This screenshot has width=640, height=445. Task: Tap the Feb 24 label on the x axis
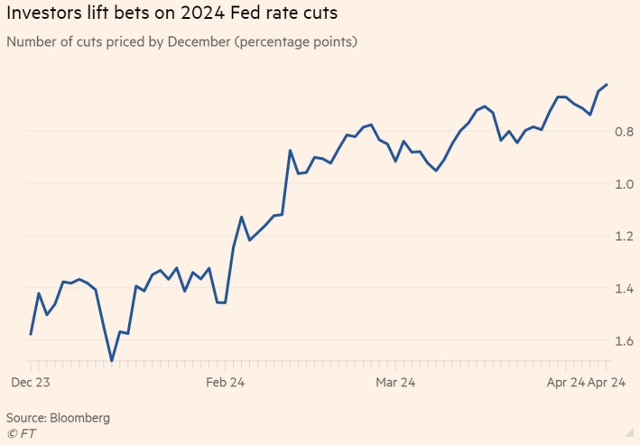225,384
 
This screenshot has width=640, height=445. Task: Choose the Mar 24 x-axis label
394,384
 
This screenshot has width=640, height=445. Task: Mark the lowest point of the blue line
112,361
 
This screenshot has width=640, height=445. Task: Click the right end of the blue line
607,85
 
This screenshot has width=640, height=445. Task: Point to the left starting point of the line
31,335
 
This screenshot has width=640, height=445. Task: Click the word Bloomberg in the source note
80,418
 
